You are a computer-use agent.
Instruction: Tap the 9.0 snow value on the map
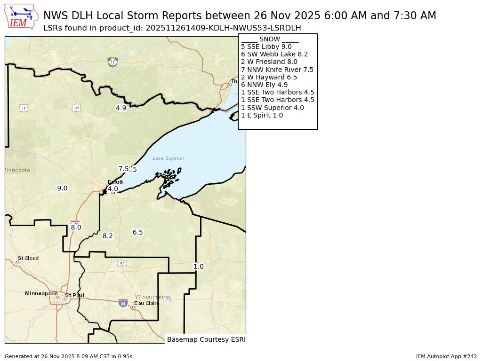pyautogui.click(x=62, y=188)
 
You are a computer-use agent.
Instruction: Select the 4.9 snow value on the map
pyautogui.click(x=121, y=108)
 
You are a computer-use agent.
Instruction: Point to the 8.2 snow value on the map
pyautogui.click(x=108, y=236)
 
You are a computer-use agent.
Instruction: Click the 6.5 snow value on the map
pyautogui.click(x=137, y=232)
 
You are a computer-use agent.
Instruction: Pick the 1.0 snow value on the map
pyautogui.click(x=199, y=267)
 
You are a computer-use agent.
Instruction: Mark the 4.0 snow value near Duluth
pyautogui.click(x=113, y=189)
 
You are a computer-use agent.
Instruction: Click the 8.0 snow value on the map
pyautogui.click(x=76, y=228)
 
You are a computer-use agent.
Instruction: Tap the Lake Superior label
pyautogui.click(x=169, y=158)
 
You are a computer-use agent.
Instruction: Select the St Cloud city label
pyautogui.click(x=28, y=258)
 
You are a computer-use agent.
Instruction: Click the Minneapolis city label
pyautogui.click(x=41, y=293)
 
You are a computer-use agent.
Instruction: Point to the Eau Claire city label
pyautogui.click(x=147, y=303)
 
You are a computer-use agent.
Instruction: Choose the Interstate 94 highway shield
pyautogui.click(x=123, y=303)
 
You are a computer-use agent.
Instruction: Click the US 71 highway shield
pyautogui.click(x=23, y=108)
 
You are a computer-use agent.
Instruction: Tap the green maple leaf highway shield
pyautogui.click(x=112, y=62)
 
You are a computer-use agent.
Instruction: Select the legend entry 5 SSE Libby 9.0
pyautogui.click(x=266, y=47)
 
